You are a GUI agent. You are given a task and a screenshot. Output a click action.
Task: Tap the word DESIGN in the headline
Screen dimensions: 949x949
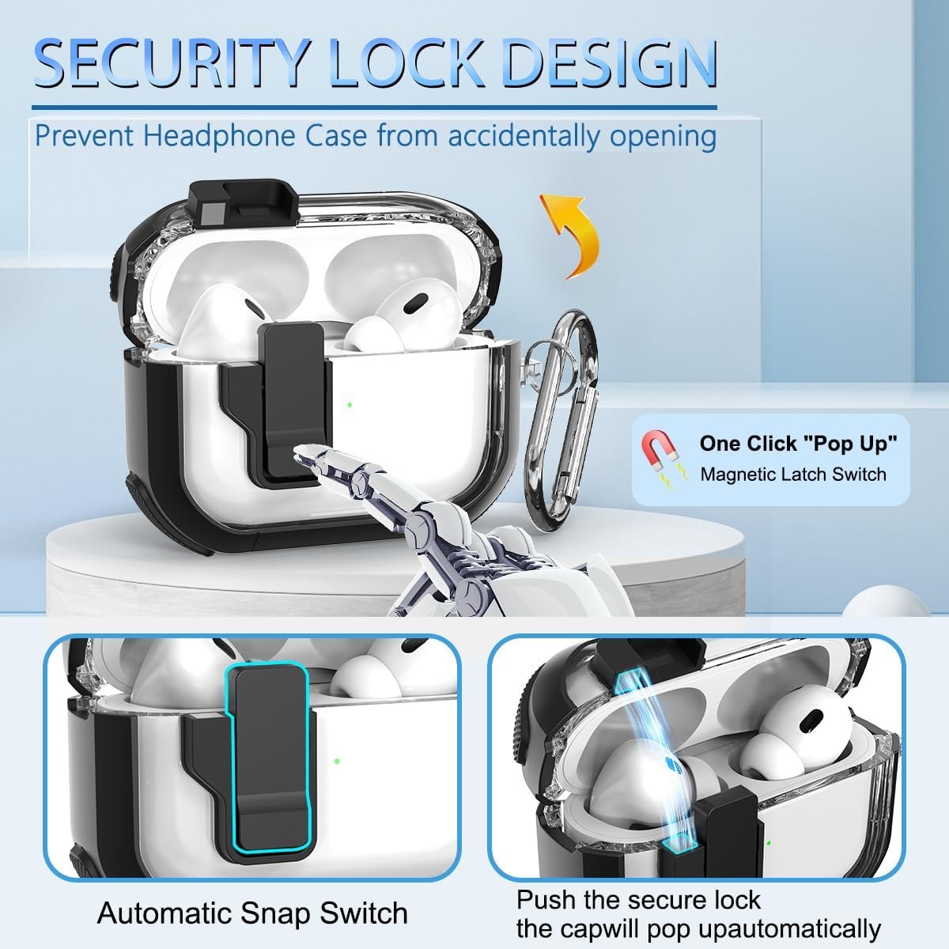pos(611,65)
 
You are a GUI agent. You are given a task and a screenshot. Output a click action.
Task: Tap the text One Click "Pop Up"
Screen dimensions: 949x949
pos(798,443)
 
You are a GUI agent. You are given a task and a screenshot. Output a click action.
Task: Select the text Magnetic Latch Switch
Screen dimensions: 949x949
pos(793,475)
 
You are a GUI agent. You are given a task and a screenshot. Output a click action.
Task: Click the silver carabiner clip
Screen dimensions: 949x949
pos(562,418)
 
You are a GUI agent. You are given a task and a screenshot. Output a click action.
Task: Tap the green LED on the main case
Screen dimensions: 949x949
pos(350,405)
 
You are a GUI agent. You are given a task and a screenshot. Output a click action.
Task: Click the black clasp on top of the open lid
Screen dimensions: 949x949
pos(244,201)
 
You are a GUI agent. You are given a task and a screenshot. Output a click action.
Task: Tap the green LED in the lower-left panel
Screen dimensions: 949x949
pos(337,761)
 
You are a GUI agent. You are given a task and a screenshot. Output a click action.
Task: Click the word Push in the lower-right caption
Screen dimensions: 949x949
pos(546,887)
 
